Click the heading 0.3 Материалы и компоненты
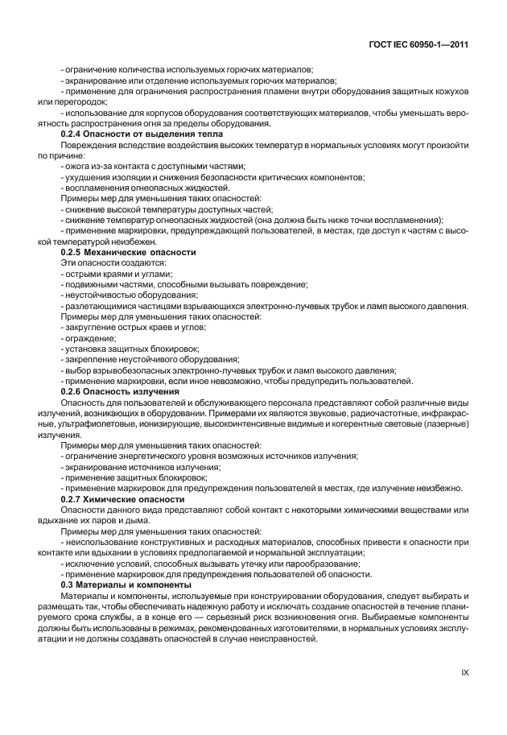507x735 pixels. (119, 584)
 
